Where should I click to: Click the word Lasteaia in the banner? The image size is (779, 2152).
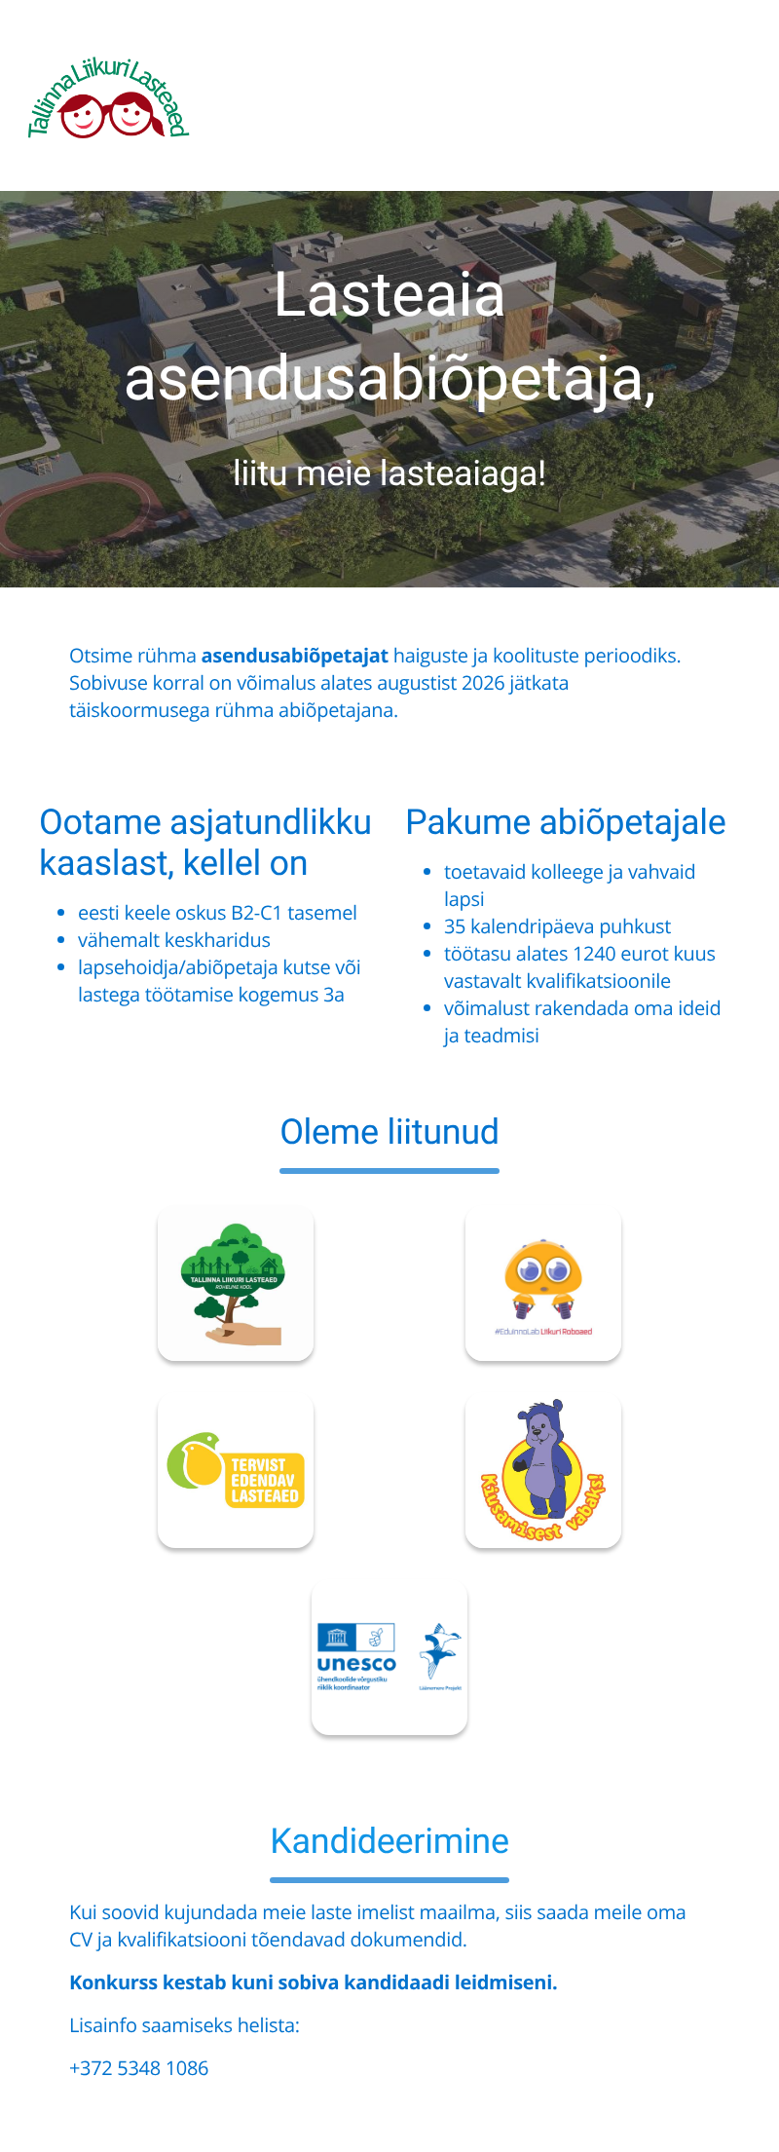point(389,295)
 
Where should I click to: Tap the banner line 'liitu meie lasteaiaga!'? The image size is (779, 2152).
point(389,473)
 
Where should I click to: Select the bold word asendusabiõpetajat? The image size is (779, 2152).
point(294,656)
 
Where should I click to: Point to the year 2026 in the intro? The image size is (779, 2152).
point(483,683)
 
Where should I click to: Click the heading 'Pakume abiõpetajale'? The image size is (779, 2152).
point(565,822)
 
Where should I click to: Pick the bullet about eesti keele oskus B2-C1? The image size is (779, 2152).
point(217,913)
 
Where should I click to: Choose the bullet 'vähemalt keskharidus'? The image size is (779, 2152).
point(174,940)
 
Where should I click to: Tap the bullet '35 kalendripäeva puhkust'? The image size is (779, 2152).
point(557,926)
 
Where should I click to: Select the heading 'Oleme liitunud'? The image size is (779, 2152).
point(389,1132)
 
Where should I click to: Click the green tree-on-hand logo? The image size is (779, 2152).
point(236,1283)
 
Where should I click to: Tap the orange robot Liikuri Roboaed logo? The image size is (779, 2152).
point(543,1283)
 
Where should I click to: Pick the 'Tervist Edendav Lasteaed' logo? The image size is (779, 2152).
point(236,1470)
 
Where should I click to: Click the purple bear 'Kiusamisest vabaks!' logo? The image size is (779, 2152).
point(543,1470)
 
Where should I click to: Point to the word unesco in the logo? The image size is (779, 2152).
point(356,1664)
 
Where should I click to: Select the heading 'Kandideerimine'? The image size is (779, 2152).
point(389,1841)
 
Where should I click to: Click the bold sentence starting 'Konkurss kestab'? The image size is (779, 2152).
point(313,1982)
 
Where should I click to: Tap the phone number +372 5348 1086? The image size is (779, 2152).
point(138,2068)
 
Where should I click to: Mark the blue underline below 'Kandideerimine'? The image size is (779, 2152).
point(389,1880)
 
